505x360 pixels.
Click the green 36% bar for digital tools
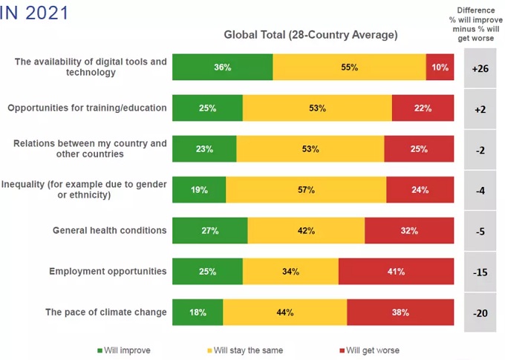(222, 68)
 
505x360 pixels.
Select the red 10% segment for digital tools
(440, 68)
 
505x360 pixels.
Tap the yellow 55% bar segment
(349, 68)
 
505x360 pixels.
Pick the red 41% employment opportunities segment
(396, 272)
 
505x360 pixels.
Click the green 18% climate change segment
(198, 312)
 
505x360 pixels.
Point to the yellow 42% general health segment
(306, 231)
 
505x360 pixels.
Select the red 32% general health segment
(409, 231)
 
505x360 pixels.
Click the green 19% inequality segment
(199, 190)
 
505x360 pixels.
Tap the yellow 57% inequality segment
(306, 190)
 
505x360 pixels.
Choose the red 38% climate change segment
(400, 312)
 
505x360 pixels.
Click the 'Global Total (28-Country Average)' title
(310, 35)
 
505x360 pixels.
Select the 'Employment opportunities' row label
(108, 271)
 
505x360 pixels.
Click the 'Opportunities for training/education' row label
(87, 108)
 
